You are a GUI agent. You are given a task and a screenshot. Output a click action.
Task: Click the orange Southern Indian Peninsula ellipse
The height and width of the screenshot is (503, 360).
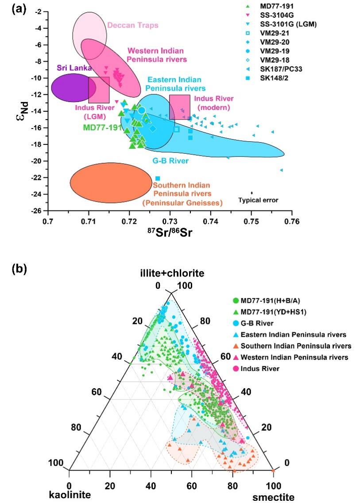tap(111, 183)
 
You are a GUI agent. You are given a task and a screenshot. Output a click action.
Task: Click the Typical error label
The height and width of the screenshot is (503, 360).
tap(258, 200)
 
